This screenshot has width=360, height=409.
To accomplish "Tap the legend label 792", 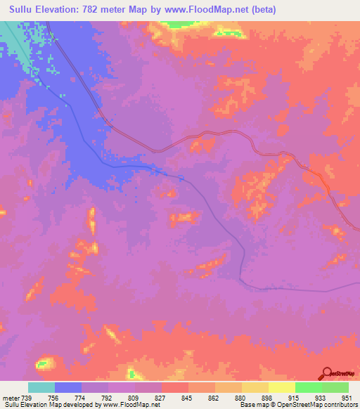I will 108,397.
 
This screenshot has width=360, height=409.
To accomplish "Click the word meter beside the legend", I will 10,397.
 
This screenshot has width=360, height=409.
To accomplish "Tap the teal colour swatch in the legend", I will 41,387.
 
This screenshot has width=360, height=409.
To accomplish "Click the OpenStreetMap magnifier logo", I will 326,373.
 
